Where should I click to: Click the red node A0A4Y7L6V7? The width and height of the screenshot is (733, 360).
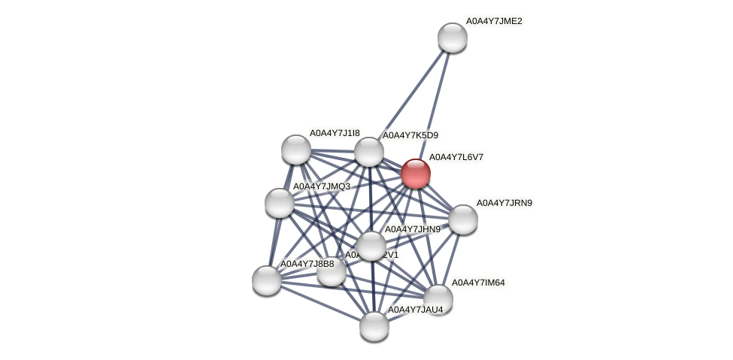tap(415, 174)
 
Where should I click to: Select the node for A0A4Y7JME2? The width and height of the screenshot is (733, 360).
tap(452, 38)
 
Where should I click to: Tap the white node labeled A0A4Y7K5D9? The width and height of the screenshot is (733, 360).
tap(368, 152)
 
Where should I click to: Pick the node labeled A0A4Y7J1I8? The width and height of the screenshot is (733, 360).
tap(296, 150)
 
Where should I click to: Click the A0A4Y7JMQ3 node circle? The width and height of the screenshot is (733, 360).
tap(280, 203)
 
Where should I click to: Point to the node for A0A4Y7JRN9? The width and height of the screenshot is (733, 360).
tap(462, 219)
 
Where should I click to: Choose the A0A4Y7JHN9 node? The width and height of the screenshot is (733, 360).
tap(371, 246)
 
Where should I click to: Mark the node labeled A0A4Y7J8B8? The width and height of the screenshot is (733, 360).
tap(267, 280)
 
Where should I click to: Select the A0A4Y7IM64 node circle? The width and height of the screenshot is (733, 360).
tap(438, 299)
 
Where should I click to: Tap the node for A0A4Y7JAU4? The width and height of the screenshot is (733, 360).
tap(374, 326)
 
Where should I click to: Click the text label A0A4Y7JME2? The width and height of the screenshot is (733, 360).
tap(493, 21)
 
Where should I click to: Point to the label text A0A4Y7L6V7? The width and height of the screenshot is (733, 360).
tap(456, 157)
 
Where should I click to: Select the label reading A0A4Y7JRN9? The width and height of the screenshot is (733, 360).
tap(504, 203)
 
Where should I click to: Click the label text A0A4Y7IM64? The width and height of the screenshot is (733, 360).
tap(478, 283)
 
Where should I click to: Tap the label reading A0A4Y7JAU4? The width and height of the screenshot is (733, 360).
tap(415, 310)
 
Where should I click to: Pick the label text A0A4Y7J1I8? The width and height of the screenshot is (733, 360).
tap(335, 133)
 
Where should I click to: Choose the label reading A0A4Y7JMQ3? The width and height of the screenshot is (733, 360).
tap(321, 186)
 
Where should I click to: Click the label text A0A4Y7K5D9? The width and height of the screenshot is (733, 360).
tap(410, 135)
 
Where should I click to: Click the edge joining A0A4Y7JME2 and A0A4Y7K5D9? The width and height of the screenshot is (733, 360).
tap(410, 95)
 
